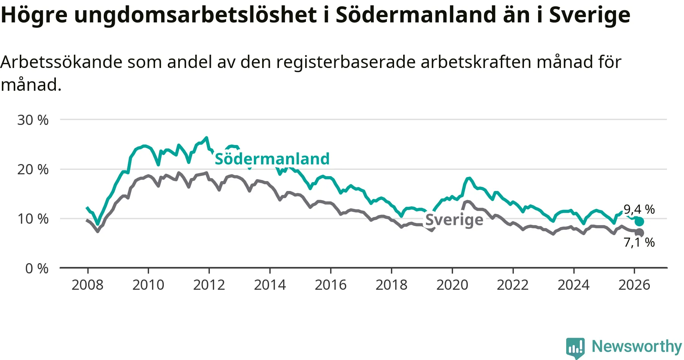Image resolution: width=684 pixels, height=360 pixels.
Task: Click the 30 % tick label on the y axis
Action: click(x=33, y=120)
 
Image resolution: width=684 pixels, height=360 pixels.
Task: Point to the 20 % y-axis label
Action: click(x=33, y=169)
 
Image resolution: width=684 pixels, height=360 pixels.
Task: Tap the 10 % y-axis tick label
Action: click(x=33, y=219)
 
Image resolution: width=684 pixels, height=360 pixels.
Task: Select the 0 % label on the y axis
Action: click(x=37, y=268)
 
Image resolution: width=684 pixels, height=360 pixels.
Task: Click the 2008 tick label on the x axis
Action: click(x=87, y=285)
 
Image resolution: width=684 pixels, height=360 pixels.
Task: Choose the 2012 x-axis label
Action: click(x=209, y=285)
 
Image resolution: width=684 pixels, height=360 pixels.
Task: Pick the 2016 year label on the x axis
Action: click(x=331, y=285)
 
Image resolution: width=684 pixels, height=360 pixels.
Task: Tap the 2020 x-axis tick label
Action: click(x=452, y=285)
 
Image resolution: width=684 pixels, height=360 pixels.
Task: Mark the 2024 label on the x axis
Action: click(x=573, y=285)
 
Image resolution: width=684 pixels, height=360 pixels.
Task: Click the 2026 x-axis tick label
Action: click(x=634, y=285)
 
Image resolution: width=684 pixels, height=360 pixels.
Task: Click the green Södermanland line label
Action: click(x=272, y=159)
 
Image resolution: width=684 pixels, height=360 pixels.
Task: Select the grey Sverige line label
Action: click(x=454, y=219)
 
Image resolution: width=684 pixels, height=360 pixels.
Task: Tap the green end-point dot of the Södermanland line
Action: click(x=639, y=221)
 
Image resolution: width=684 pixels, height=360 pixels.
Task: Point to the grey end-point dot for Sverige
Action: click(x=639, y=232)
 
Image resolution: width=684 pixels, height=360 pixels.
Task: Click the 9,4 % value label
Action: click(x=639, y=209)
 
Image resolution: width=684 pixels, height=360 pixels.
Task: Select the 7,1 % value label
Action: click(x=639, y=242)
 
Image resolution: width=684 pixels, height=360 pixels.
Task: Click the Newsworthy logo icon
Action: click(x=575, y=347)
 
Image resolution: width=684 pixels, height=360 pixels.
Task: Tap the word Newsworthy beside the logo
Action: click(x=637, y=346)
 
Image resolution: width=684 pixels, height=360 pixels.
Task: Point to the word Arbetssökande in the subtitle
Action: click(x=61, y=62)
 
